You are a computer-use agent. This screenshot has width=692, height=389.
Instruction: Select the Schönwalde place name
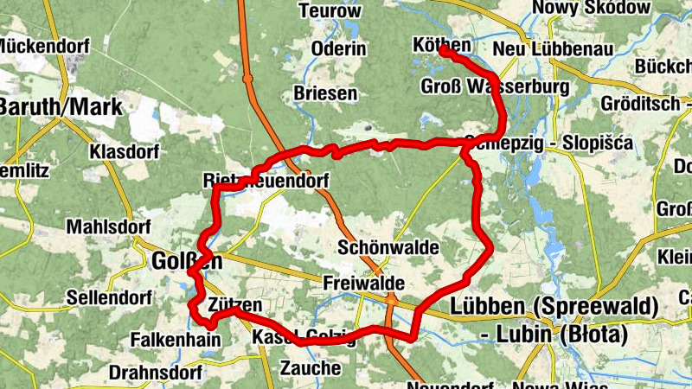[388, 248]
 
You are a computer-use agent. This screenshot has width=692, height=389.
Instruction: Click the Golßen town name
[186, 260]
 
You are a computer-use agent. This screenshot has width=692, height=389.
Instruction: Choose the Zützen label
[234, 305]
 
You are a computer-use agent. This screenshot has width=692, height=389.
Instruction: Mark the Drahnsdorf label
[156, 373]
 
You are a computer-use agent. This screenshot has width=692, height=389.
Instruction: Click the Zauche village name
[311, 367]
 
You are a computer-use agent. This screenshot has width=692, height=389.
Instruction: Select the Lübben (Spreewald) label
[554, 307]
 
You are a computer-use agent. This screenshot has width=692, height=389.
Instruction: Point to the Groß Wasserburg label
[494, 87]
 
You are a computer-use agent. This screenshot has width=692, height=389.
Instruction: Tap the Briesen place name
[325, 93]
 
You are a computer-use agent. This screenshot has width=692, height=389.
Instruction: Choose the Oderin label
[339, 49]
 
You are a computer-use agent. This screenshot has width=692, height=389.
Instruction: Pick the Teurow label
[329, 11]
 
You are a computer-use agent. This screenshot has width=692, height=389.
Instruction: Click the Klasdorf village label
[125, 153]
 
